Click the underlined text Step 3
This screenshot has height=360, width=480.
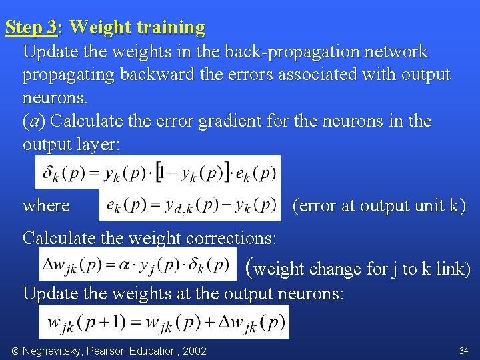click(31, 27)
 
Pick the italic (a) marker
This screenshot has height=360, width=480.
click(34, 121)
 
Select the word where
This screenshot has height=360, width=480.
click(46, 205)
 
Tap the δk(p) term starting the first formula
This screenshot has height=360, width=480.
click(63, 173)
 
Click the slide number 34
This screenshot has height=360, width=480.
click(463, 351)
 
